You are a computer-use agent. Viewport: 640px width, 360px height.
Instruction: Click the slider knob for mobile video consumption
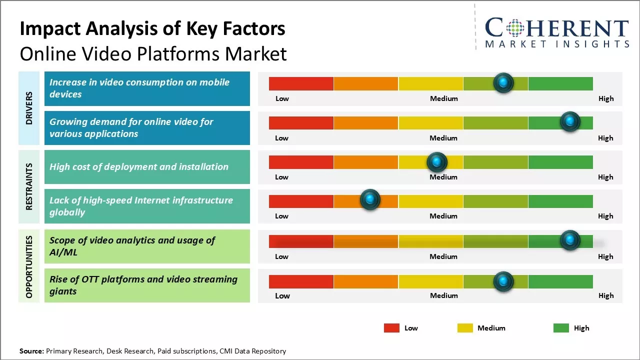[503, 82]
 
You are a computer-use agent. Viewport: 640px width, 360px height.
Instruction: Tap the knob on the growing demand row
[569, 121]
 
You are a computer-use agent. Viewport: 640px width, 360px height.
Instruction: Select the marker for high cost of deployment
[436, 161]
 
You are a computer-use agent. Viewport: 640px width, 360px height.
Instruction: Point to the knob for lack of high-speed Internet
[370, 200]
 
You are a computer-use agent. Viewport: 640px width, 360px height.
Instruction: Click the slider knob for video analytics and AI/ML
[569, 240]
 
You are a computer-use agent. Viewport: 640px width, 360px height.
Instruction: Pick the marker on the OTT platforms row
[503, 281]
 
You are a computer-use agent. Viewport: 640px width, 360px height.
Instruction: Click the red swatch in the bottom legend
[391, 328]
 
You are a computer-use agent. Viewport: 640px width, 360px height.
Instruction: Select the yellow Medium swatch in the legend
[465, 328]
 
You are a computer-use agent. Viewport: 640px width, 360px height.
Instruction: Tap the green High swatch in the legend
[561, 328]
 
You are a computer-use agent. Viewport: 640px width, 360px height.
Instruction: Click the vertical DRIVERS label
[29, 108]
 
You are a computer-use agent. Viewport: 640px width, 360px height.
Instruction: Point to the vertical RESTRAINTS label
[29, 186]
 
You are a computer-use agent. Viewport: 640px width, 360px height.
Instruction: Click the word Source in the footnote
[31, 351]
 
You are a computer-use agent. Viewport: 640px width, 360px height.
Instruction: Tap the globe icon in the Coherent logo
[515, 28]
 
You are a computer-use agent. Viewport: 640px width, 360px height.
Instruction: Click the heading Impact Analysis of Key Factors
[152, 28]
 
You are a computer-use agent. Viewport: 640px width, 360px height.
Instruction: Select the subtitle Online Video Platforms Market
[153, 53]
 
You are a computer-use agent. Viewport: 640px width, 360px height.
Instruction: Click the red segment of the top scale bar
[301, 83]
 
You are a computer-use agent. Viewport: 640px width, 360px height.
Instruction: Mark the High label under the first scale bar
[605, 98]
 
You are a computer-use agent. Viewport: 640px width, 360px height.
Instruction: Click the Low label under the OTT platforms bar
[282, 295]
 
